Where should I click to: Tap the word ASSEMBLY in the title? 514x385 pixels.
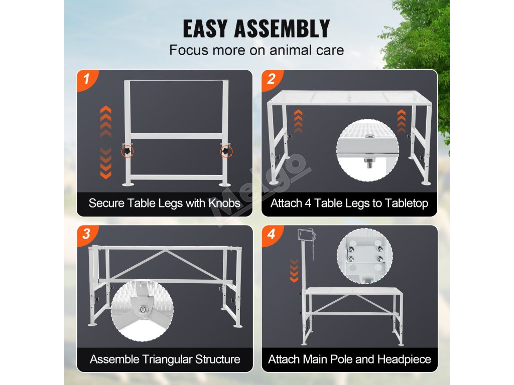(282, 29)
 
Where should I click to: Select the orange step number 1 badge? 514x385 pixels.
(87, 80)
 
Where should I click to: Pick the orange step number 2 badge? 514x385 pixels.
(272, 80)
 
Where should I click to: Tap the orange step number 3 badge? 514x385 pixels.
(87, 235)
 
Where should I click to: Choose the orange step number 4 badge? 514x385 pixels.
(272, 235)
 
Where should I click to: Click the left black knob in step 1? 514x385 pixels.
(127, 151)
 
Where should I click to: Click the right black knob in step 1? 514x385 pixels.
(226, 151)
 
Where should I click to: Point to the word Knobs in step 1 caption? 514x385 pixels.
(224, 203)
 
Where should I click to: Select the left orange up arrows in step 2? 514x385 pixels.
(298, 121)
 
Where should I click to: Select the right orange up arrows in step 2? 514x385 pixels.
(401, 121)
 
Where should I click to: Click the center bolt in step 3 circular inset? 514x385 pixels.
(143, 310)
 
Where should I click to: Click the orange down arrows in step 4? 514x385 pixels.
(294, 270)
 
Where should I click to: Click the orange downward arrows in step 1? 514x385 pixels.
(105, 163)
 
